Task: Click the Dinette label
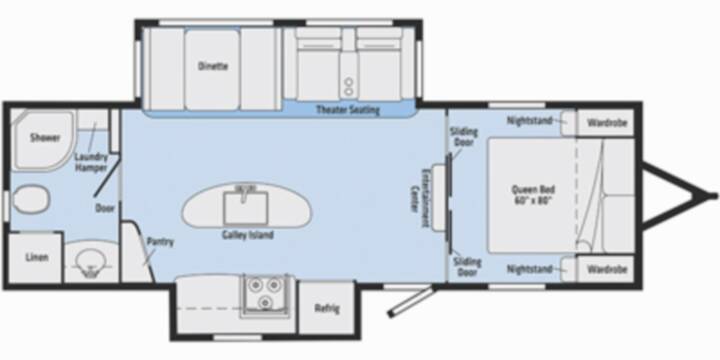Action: [213, 66]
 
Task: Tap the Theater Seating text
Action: [348, 110]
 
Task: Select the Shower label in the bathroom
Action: [45, 138]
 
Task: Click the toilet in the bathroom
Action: [30, 199]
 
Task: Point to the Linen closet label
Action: [37, 257]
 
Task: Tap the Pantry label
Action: [160, 242]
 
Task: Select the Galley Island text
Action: [248, 235]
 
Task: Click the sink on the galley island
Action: [246, 206]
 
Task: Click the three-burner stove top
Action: [266, 294]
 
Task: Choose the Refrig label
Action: [327, 308]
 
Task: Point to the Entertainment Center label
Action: [419, 199]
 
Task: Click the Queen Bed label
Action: [533, 194]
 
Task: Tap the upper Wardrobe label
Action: [607, 123]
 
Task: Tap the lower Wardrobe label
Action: [607, 269]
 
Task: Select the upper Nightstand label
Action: [529, 121]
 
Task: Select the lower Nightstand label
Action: [529, 269]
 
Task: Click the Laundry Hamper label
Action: [91, 162]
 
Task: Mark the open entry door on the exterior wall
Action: [411, 301]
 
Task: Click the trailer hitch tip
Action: [714, 196]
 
